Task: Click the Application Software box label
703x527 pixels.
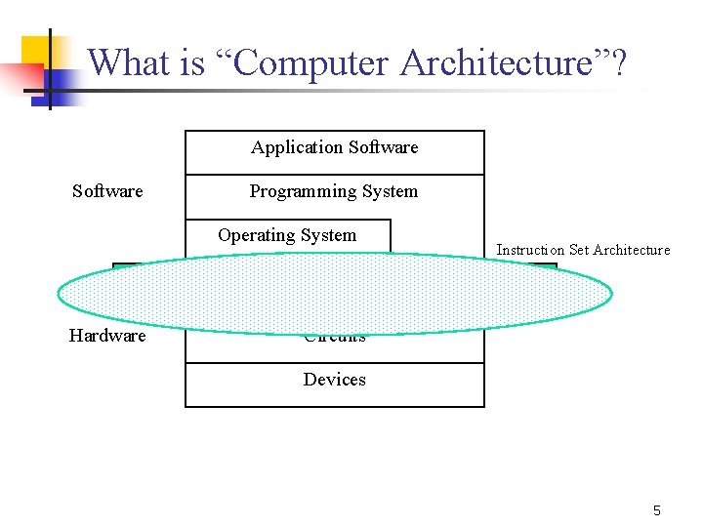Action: pyautogui.click(x=334, y=147)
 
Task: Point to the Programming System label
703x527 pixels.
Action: pyautogui.click(x=334, y=191)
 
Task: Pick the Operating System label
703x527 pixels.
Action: pyautogui.click(x=287, y=235)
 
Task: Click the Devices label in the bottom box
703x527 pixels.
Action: pyautogui.click(x=334, y=380)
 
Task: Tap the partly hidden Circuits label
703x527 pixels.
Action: pyautogui.click(x=334, y=339)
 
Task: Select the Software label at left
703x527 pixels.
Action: pyautogui.click(x=107, y=191)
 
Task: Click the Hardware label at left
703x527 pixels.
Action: pyautogui.click(x=107, y=336)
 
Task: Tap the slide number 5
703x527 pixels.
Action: pyautogui.click(x=657, y=510)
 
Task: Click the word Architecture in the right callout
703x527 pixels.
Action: pyautogui.click(x=632, y=250)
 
